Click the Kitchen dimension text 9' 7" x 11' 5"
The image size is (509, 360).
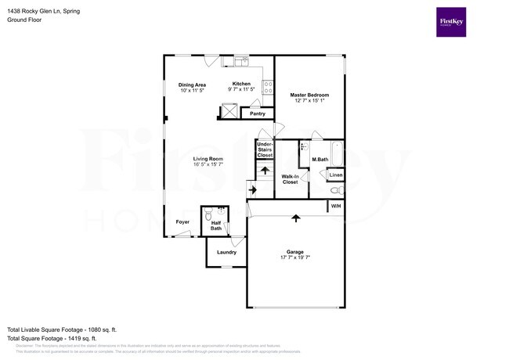tap(241, 91)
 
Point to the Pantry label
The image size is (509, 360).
tap(257, 114)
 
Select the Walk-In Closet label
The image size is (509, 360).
tap(289, 179)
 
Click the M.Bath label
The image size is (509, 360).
tap(319, 160)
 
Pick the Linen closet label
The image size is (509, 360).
tap(335, 176)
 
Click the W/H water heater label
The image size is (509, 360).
tap(335, 206)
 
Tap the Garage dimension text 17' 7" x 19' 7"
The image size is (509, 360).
tap(294, 257)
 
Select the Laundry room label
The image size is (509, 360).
tap(226, 252)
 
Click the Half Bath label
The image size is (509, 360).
tap(216, 226)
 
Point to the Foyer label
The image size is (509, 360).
tap(182, 222)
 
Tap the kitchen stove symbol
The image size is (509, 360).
tap(267, 88)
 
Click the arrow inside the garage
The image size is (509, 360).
tap(295, 218)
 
